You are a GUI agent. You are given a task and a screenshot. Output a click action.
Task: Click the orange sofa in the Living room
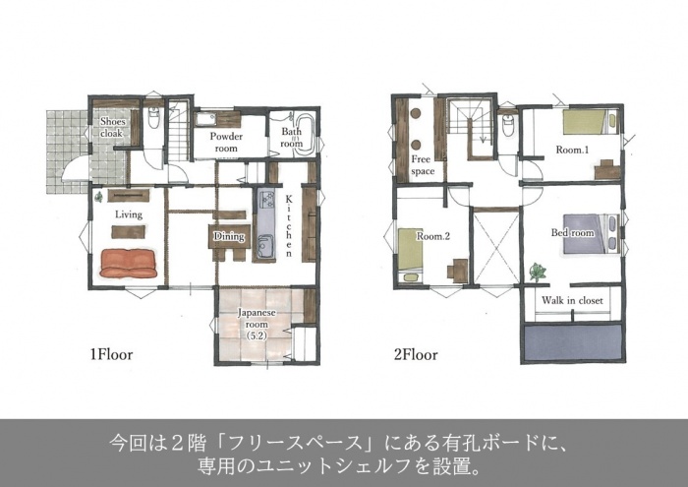point(128,264)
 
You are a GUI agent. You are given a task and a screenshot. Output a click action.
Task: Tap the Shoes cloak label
point(113,127)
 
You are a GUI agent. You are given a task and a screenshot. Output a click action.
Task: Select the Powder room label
point(226,142)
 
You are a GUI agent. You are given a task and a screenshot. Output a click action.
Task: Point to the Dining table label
point(229,236)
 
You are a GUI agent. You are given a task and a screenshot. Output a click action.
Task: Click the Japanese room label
point(257,324)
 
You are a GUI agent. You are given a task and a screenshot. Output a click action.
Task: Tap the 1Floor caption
point(111,354)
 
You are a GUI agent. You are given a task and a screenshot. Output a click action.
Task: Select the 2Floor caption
point(416,354)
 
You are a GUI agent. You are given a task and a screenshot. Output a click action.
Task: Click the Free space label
point(422,165)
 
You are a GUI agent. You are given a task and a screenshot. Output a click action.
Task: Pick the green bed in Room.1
point(591,122)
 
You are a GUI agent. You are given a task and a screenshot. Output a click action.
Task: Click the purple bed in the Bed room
point(591,233)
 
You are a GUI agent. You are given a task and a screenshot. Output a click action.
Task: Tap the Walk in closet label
point(572,300)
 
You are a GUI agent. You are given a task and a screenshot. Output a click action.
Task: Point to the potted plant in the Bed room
point(537,272)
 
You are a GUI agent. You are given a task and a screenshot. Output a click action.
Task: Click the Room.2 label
point(433,236)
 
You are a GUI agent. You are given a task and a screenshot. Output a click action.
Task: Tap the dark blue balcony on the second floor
point(572,343)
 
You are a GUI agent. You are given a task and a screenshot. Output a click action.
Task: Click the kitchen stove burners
point(266,199)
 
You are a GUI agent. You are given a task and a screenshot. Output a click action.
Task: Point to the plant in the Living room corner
point(98,197)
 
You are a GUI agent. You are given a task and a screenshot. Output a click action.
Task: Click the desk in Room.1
point(607,169)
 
